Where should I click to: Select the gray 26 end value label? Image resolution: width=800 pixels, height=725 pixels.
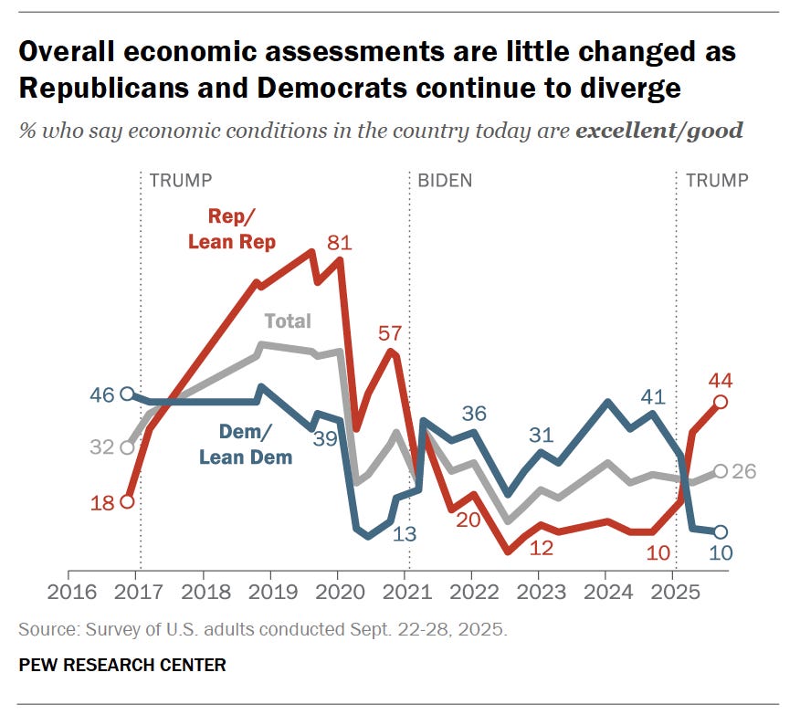click(745, 471)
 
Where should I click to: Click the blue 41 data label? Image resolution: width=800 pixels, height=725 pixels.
click(650, 396)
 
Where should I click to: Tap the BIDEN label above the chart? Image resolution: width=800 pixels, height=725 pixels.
click(445, 180)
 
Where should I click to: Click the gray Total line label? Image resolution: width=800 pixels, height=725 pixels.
click(288, 320)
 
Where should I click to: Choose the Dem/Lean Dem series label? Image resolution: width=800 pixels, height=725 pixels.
click(246, 444)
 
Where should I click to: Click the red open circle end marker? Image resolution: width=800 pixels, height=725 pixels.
click(721, 402)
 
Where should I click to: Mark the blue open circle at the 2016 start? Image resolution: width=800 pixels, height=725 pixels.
click(128, 394)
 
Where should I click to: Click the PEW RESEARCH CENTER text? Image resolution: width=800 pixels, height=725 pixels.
click(122, 665)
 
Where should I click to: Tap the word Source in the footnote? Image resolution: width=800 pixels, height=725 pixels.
click(42, 630)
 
